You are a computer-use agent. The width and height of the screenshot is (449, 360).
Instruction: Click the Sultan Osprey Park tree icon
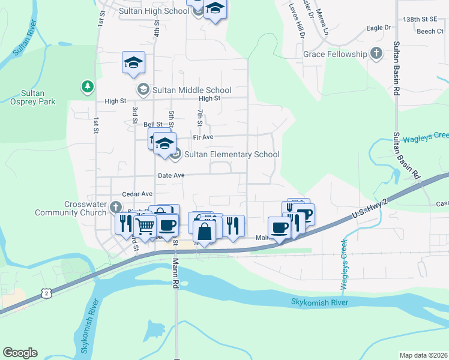tap(88, 87)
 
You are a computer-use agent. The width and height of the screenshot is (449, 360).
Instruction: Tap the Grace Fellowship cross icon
tap(376, 54)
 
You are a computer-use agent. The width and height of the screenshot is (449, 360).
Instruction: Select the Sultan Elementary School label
tap(232, 154)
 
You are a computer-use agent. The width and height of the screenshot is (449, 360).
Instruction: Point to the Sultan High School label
tap(154, 11)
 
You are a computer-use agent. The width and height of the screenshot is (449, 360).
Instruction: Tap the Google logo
tap(20, 353)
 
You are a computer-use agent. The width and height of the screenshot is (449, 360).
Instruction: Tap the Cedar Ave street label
tap(137, 194)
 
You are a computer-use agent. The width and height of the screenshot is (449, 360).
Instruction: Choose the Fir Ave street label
tap(203, 137)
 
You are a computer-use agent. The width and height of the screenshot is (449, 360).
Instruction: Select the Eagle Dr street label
tap(378, 28)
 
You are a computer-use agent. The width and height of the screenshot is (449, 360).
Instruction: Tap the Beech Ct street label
tap(430, 31)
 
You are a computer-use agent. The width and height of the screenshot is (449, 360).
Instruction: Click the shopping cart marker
tap(145, 226)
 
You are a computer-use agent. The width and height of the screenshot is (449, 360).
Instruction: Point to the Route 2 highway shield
tap(46, 293)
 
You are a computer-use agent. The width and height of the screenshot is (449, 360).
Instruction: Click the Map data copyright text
tap(423, 355)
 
